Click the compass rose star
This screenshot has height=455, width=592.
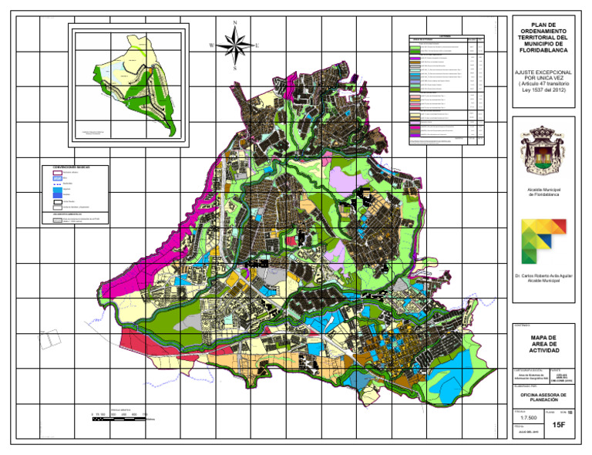[235, 45]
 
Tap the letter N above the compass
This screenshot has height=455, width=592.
[235, 23]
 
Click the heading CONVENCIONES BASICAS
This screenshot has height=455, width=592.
[73, 166]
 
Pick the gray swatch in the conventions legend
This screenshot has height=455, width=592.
[57, 220]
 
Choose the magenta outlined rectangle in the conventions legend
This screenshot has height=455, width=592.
[57, 173]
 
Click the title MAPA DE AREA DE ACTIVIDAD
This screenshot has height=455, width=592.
[543, 343]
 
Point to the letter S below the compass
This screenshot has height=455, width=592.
[235, 69]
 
